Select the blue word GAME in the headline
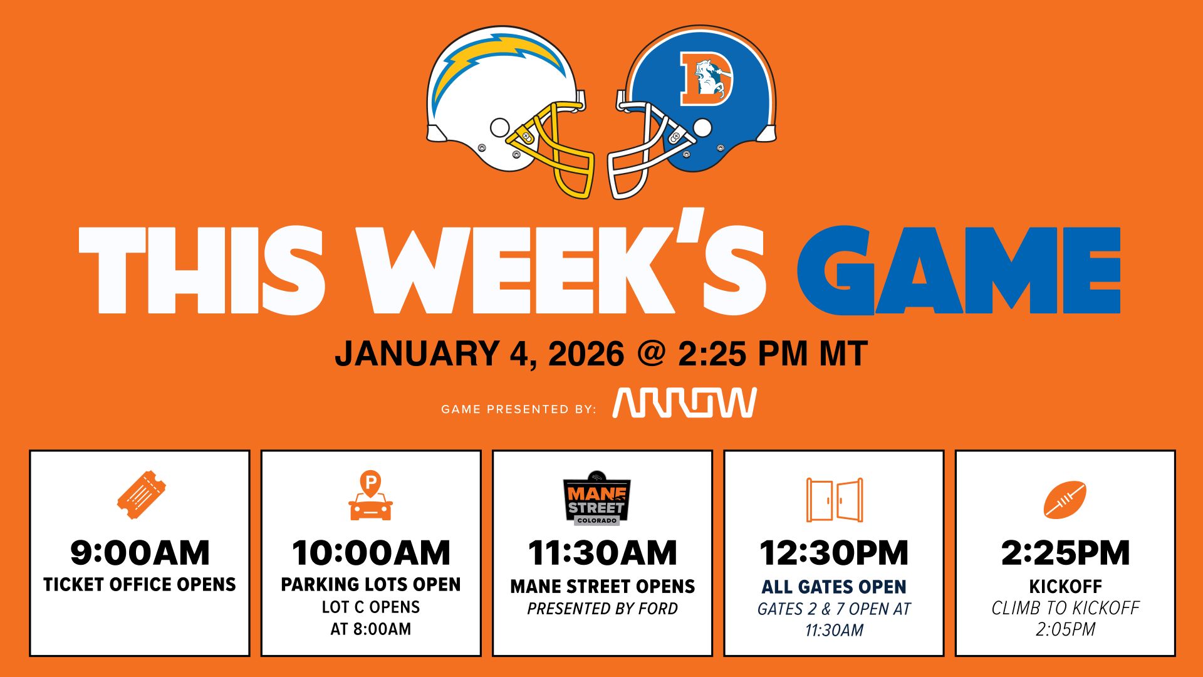(959, 270)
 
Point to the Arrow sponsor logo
(685, 402)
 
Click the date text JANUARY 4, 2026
(479, 354)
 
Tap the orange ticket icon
(141, 495)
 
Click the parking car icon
(370, 496)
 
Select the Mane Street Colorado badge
(596, 498)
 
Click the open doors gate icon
(834, 500)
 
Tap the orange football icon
(1065, 500)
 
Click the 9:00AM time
(140, 553)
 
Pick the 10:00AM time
(371, 553)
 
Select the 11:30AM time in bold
(602, 553)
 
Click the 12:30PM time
(834, 553)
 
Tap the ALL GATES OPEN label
(834, 587)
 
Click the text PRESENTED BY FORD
(602, 609)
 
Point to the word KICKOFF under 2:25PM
(1065, 587)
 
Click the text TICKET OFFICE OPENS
(140, 585)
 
